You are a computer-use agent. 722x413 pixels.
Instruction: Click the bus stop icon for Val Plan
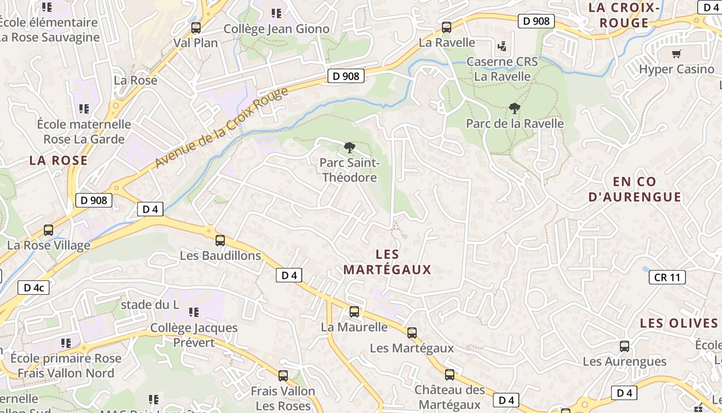(195, 28)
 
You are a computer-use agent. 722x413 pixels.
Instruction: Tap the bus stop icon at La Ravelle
(447, 27)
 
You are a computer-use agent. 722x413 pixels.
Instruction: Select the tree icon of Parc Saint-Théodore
(350, 148)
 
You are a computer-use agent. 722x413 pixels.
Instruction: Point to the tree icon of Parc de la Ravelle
(514, 108)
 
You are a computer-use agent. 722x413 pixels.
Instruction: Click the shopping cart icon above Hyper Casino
(677, 54)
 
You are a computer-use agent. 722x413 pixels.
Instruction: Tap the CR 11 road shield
(667, 277)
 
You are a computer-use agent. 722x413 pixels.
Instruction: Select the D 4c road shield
(34, 288)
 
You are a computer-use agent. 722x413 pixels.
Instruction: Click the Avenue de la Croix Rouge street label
(222, 128)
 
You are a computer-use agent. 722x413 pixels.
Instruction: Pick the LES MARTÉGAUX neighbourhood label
(387, 262)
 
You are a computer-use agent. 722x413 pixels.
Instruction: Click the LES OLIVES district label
(679, 323)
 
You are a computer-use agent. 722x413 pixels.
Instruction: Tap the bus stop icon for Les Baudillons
(220, 240)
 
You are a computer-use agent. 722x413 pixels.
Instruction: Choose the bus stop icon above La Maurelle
(354, 311)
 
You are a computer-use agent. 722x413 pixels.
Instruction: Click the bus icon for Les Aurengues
(625, 346)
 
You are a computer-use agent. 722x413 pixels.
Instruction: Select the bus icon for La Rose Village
(48, 230)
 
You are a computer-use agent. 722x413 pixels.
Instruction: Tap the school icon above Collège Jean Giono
(276, 13)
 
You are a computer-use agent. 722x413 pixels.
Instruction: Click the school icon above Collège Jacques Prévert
(194, 312)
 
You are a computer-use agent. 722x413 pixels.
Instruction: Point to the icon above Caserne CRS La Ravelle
(502, 46)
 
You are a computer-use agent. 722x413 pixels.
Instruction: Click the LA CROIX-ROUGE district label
(625, 15)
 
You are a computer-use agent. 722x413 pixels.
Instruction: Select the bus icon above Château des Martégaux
(450, 375)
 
